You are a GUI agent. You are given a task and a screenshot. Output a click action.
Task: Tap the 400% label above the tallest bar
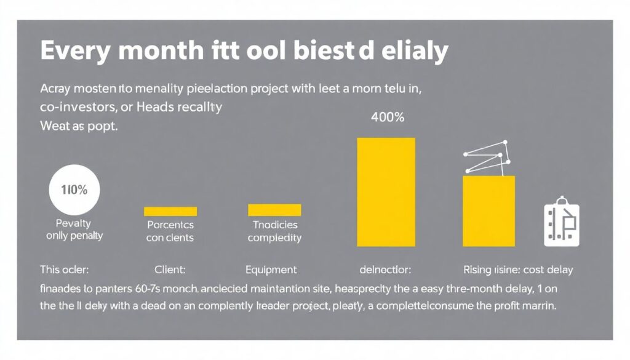pyautogui.click(x=388, y=118)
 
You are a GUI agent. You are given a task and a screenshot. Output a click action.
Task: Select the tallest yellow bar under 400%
pyautogui.click(x=386, y=191)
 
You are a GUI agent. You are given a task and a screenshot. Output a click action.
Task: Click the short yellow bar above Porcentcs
pyautogui.click(x=170, y=211)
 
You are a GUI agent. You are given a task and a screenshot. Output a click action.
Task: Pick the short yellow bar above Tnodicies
pyautogui.click(x=274, y=210)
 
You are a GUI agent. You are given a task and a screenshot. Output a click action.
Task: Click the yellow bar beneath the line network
pyautogui.click(x=488, y=210)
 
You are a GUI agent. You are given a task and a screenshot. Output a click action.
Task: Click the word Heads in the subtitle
pyautogui.click(x=161, y=106)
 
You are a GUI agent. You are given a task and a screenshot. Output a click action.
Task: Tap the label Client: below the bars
pyautogui.click(x=170, y=270)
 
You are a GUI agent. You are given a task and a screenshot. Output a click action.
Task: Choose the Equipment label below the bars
pyautogui.click(x=271, y=270)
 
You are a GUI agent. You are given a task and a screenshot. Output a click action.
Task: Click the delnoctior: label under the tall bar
pyautogui.click(x=385, y=270)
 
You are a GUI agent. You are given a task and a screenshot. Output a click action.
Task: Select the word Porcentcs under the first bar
pyautogui.click(x=170, y=225)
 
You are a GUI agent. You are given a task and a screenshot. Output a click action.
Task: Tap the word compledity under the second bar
pyautogui.click(x=274, y=238)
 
